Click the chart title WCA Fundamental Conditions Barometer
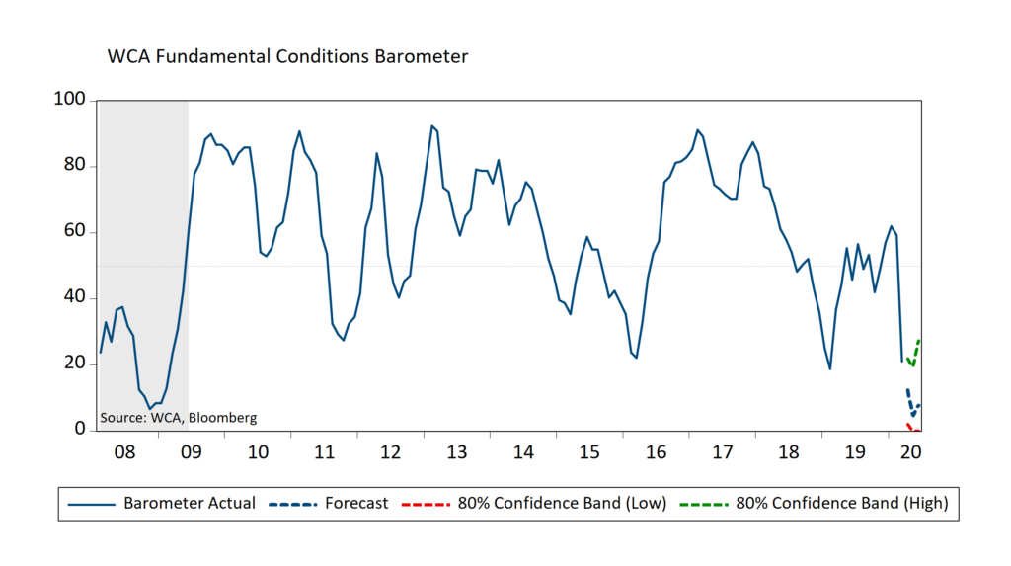pyautogui.click(x=287, y=56)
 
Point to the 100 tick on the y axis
pyautogui.click(x=73, y=101)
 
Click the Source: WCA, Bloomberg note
pyautogui.click(x=179, y=418)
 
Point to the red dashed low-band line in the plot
pyautogui.click(x=910, y=426)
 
